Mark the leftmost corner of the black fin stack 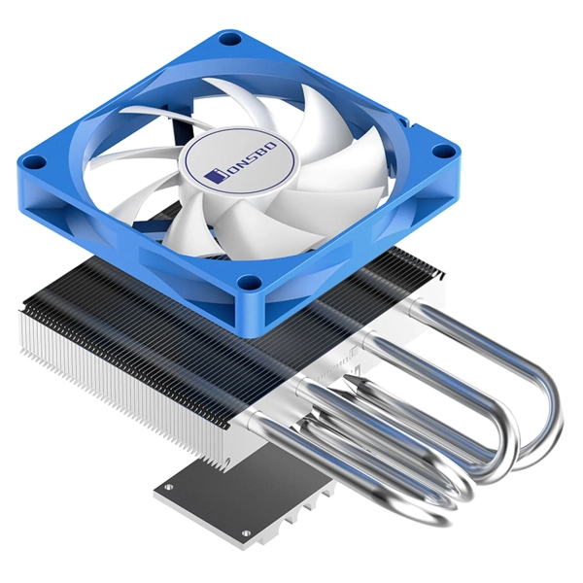click(x=21, y=309)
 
